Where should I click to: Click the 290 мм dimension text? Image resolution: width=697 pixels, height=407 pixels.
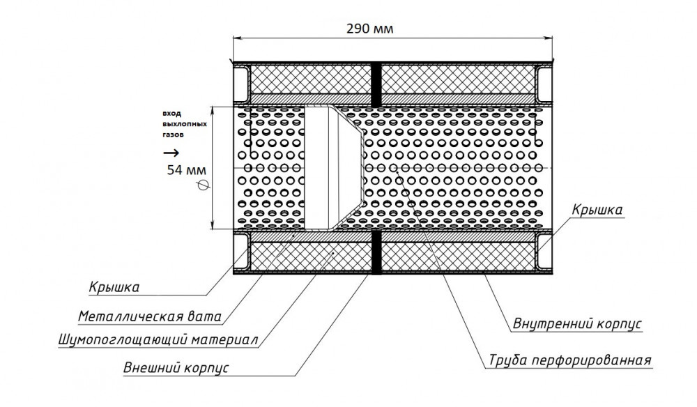370,29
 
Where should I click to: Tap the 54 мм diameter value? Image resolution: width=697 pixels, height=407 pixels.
186,170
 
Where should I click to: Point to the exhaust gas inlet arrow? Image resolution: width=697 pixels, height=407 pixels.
171,153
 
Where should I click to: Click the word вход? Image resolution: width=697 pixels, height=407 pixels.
171,114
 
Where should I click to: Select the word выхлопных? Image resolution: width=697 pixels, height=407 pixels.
185,124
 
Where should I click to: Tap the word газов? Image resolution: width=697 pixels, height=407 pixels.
173,135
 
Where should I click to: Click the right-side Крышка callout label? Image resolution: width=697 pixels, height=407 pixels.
597,210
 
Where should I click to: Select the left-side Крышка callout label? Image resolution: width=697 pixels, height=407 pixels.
114,287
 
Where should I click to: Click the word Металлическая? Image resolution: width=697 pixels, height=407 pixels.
130,317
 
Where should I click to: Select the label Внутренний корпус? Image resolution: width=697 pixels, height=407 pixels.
577,323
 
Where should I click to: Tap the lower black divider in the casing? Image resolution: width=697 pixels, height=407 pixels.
376,252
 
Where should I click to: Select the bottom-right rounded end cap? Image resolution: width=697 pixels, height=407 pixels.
544,251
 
